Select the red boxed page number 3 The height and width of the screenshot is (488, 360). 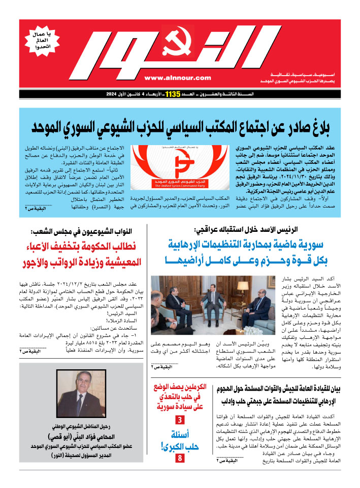(x=180, y=420)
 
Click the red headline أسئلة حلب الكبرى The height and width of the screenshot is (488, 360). (x=180, y=441)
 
